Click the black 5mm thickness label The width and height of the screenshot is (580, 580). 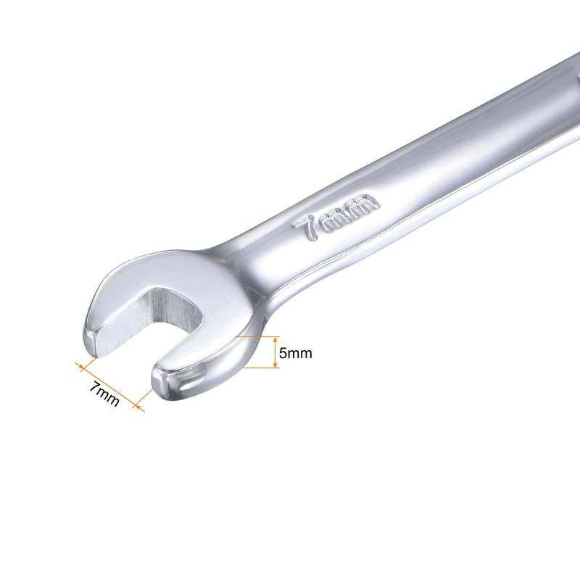(295, 353)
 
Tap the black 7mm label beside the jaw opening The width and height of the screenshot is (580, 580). (104, 393)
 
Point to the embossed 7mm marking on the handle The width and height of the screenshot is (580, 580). (335, 215)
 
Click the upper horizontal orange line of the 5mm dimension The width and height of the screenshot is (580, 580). (257, 336)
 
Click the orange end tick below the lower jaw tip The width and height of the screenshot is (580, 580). (141, 403)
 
